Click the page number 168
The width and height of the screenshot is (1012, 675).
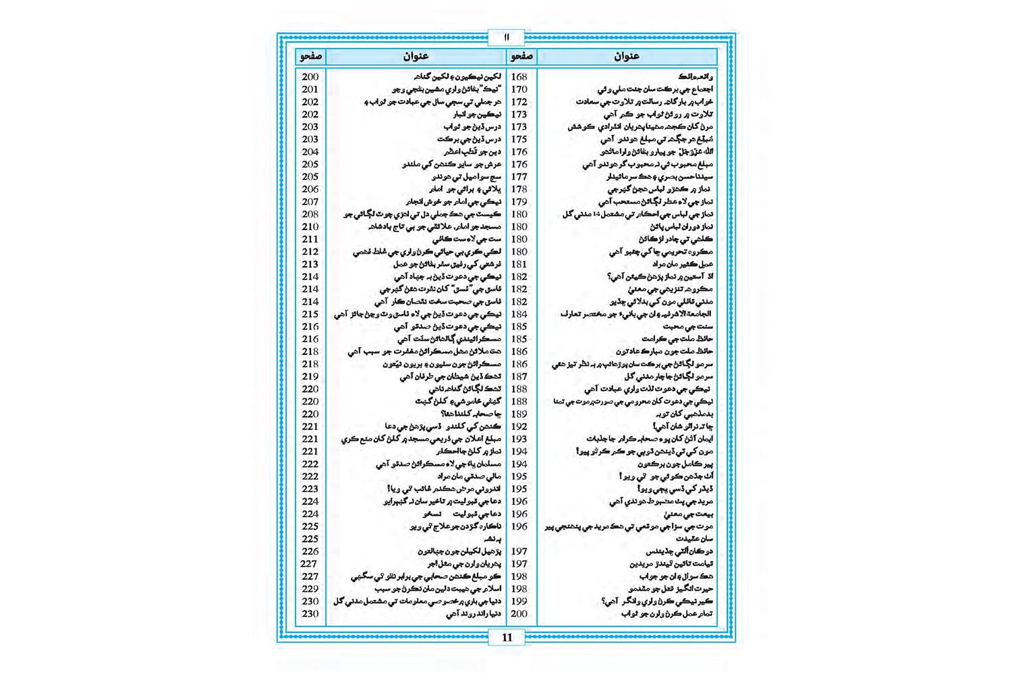[x=519, y=77]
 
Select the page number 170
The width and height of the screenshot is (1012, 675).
[x=519, y=89]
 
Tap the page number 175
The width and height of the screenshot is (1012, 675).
[x=519, y=139]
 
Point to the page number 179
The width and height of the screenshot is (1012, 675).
[x=519, y=202]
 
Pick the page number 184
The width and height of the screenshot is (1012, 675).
[x=519, y=314]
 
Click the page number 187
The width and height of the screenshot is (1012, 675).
[x=519, y=377]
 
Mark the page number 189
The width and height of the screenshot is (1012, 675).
[x=519, y=414]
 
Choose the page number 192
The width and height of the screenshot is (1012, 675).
[x=519, y=427]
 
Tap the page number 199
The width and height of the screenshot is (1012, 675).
[x=519, y=601]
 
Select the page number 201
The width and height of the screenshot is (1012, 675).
[x=310, y=89]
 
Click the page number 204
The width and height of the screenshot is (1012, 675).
[x=310, y=152]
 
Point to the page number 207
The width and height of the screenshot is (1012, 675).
[x=310, y=202]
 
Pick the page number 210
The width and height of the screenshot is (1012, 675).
[x=310, y=227]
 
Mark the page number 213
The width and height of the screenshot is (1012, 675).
[x=310, y=264]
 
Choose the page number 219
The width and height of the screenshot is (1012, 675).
[x=310, y=377]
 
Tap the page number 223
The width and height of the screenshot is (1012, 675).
[x=310, y=489]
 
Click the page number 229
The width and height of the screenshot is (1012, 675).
[x=310, y=589]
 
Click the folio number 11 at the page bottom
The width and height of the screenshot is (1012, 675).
[x=507, y=637]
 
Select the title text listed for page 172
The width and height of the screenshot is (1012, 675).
[x=644, y=102]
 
